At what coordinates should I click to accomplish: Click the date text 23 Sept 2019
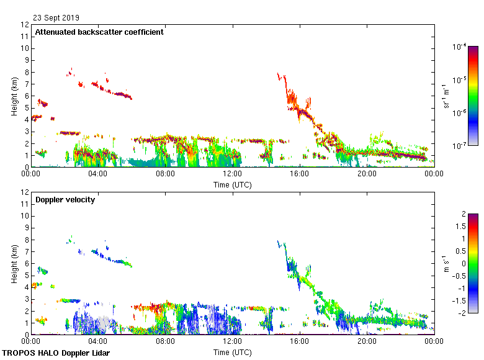pos(56,18)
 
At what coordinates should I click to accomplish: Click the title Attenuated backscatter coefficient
pos(99,32)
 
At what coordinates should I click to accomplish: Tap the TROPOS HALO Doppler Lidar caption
pos(56,353)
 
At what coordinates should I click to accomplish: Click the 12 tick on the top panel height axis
pos(25,25)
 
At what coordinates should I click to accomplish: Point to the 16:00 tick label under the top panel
pos(300,174)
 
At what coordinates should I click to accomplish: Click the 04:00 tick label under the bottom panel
pos(98,342)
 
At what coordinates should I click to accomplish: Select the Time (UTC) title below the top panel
pos(232,184)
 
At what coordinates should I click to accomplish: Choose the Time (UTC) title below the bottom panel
pos(232,352)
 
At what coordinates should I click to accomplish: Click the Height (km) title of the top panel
pos(14,96)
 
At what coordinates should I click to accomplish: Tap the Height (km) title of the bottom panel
pos(14,264)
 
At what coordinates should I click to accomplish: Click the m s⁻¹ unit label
pos(446,264)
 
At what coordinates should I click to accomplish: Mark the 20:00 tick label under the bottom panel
pos(367,342)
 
